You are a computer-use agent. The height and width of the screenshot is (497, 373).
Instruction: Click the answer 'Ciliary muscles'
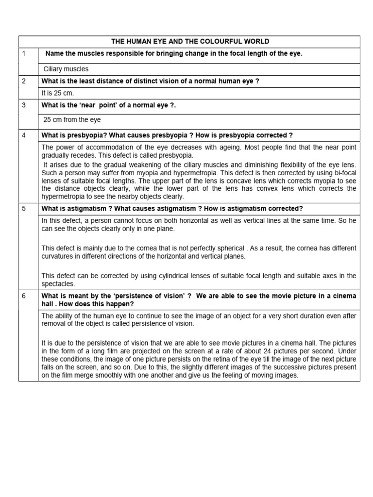66,69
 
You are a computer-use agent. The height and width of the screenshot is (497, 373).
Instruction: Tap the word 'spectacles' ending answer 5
58,284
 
